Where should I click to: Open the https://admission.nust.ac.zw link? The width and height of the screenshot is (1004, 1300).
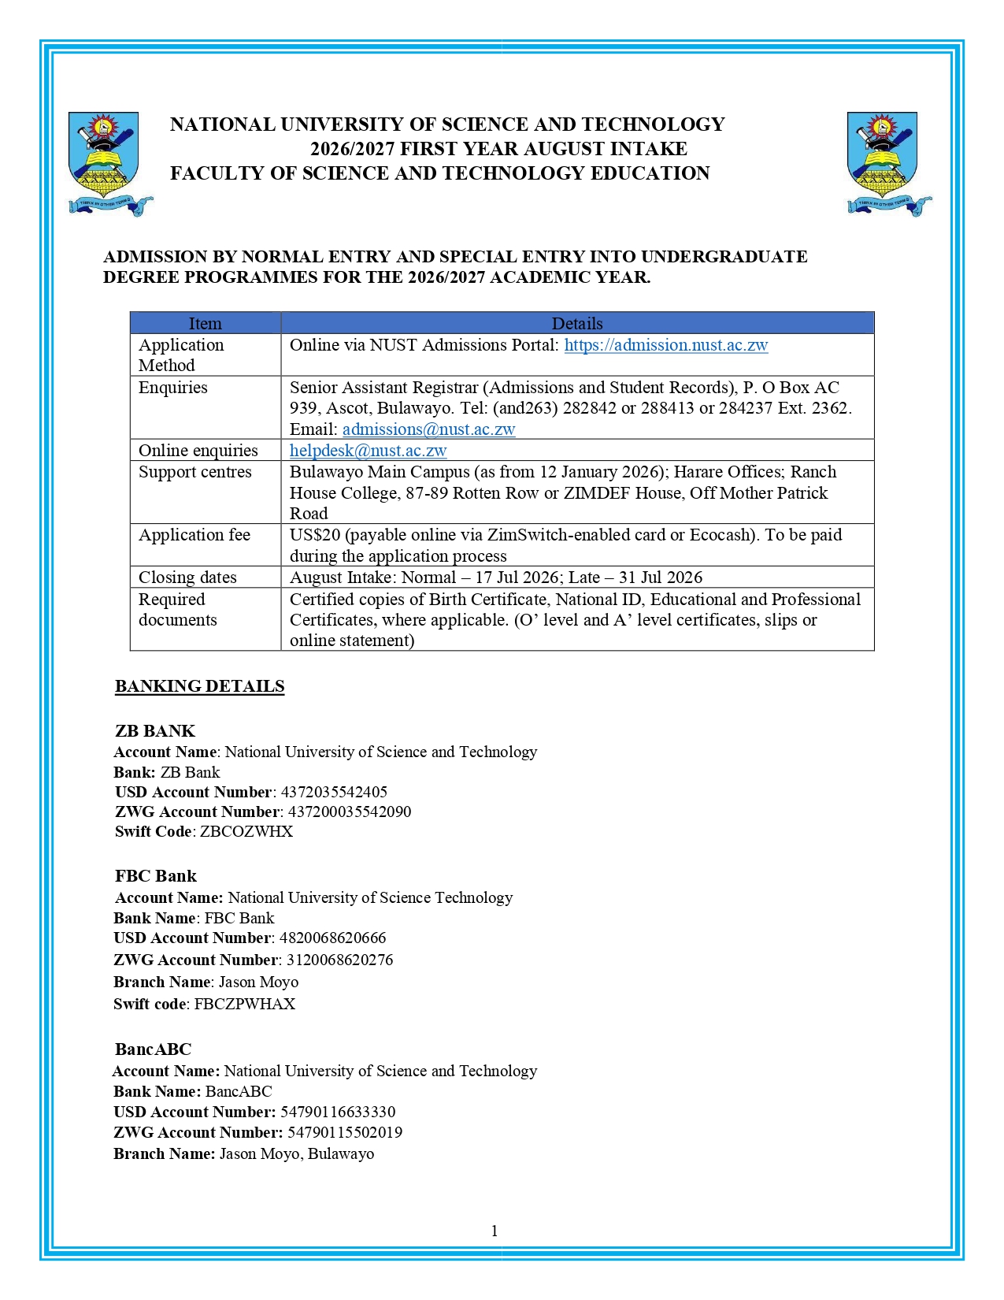[665, 345]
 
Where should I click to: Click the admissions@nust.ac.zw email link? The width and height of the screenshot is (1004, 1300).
[428, 429]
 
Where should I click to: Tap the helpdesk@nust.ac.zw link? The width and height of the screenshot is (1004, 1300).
[368, 451]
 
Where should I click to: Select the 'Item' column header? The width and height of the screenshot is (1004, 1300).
[205, 324]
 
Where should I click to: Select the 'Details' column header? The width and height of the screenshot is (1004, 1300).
[576, 324]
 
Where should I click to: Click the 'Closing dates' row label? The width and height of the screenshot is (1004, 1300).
[187, 578]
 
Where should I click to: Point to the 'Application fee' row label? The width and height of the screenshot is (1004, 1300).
[195, 535]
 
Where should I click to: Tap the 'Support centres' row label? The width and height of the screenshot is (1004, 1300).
[195, 472]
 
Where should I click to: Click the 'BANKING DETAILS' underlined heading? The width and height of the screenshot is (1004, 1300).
[199, 686]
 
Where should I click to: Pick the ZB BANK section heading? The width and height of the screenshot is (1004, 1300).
[154, 731]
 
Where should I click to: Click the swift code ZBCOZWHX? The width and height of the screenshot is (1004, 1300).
[246, 832]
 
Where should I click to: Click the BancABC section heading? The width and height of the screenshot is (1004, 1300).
[153, 1049]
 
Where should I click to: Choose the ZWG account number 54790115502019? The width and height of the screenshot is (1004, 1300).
[345, 1133]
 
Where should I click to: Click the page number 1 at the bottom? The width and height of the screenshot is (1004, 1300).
[495, 1231]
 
